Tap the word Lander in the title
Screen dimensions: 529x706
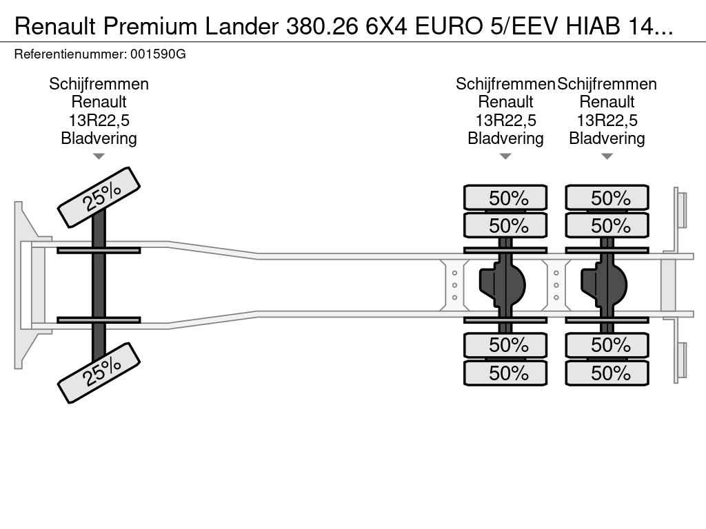pyautogui.click(x=239, y=26)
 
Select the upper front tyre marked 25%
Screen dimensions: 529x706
pyautogui.click(x=99, y=197)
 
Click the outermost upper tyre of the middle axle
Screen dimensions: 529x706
pyautogui.click(x=505, y=198)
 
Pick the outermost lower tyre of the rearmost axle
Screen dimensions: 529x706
pyautogui.click(x=607, y=373)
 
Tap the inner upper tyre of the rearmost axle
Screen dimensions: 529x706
pyautogui.click(x=607, y=225)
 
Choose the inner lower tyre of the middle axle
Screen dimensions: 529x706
pyautogui.click(x=505, y=344)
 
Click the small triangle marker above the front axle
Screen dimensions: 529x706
pyautogui.click(x=99, y=156)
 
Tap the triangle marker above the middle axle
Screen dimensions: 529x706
pyautogui.click(x=505, y=156)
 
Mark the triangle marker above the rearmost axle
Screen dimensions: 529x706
pyautogui.click(x=607, y=156)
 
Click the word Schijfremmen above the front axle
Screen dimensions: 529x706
pyautogui.click(x=99, y=84)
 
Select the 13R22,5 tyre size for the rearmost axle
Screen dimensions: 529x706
pyautogui.click(x=607, y=121)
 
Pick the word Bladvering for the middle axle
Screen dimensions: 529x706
pyautogui.click(x=505, y=138)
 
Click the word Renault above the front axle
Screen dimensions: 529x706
pyautogui.click(x=99, y=102)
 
